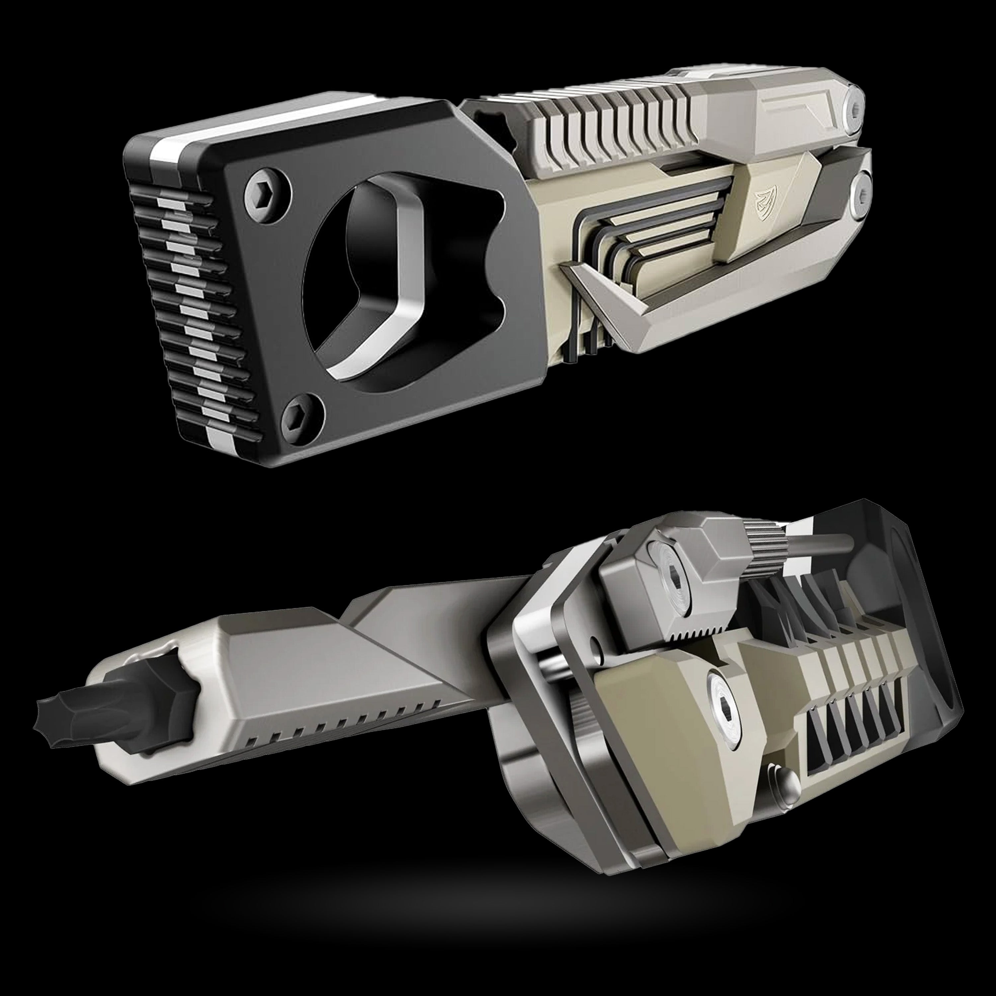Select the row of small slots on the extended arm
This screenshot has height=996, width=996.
(x=340, y=727)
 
